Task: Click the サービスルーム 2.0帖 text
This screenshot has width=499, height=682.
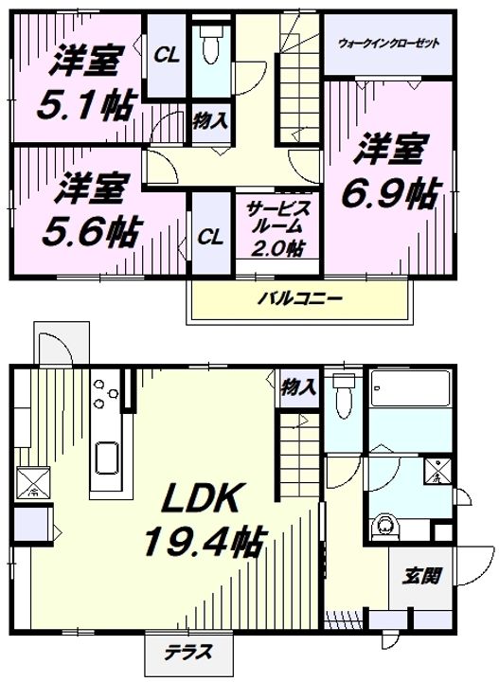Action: tap(272, 228)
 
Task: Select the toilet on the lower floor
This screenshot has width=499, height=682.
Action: tap(343, 396)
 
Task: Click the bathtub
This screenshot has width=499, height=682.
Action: tap(413, 388)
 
